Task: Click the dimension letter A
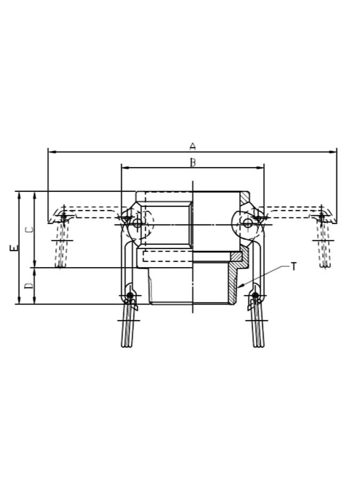[193, 146]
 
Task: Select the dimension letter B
[193, 162]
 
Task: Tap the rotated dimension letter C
[30, 229]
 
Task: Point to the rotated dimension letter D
[30, 286]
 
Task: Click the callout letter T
[293, 267]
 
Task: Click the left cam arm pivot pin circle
[137, 223]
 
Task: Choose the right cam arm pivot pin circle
[248, 223]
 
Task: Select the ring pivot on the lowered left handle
[129, 295]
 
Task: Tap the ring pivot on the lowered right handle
[255, 295]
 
